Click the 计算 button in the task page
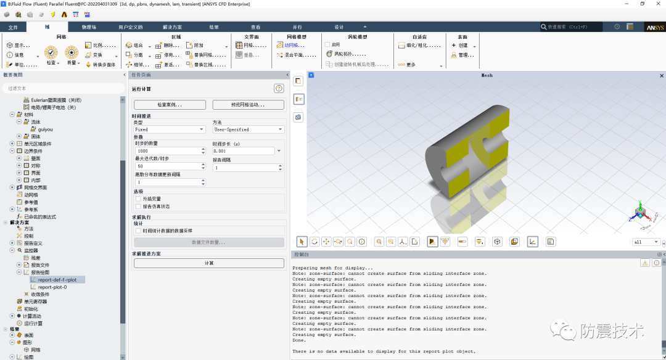pyautogui.click(x=208, y=263)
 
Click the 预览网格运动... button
pyautogui.click(x=249, y=105)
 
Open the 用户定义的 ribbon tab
pyautogui.click(x=130, y=27)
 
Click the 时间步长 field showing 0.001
pyautogui.click(x=244, y=151)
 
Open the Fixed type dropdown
pyautogui.click(x=169, y=129)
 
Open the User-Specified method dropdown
pyautogui.click(x=248, y=129)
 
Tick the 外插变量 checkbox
pyautogui.click(x=138, y=199)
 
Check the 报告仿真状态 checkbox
pyautogui.click(x=138, y=207)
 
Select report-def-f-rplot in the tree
pyautogui.click(x=61, y=280)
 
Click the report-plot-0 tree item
pyautogui.click(x=52, y=287)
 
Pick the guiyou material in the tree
pyautogui.click(x=45, y=129)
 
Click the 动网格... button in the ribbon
pyautogui.click(x=295, y=45)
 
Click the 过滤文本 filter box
pyautogui.click(x=62, y=88)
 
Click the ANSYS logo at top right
pyautogui.click(x=654, y=28)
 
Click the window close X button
pyautogui.click(x=658, y=4)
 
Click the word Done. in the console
pyautogui.click(x=299, y=340)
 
